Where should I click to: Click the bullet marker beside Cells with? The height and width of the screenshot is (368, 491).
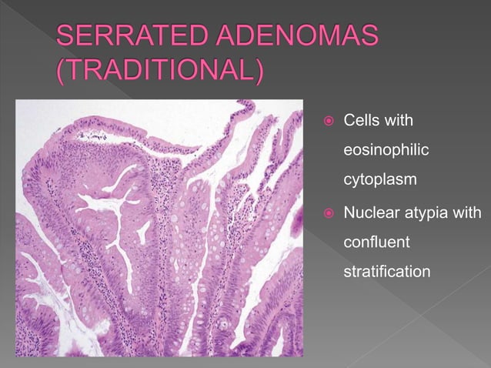pos(326,122)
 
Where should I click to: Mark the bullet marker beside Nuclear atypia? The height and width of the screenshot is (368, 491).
pos(326,212)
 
